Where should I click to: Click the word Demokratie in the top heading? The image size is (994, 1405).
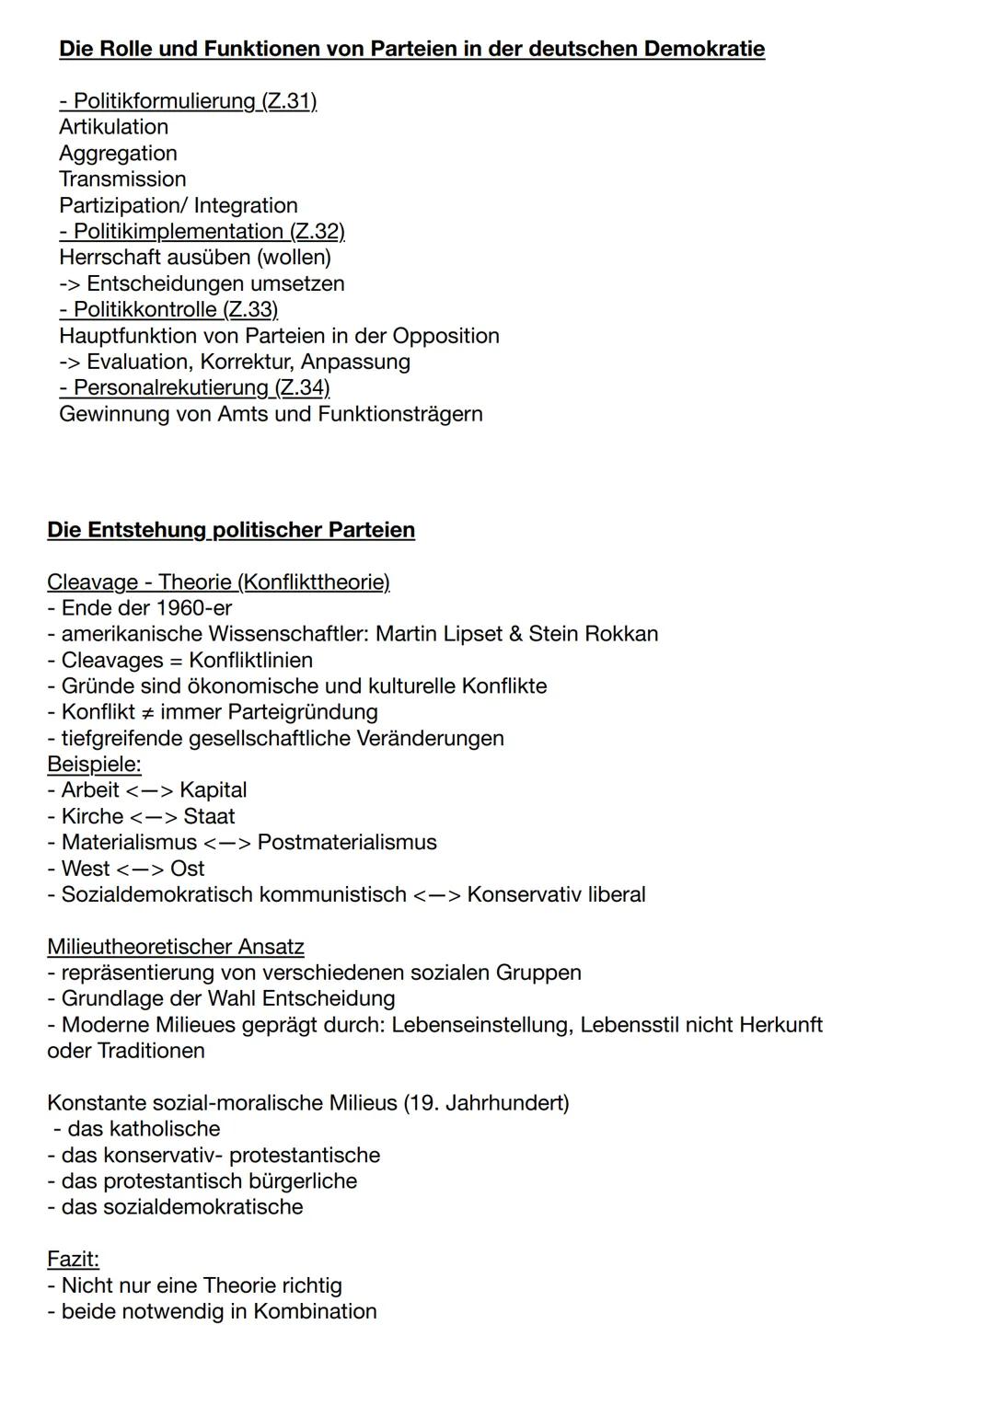(704, 49)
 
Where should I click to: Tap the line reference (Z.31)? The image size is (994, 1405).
(289, 101)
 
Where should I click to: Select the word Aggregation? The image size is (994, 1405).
(118, 154)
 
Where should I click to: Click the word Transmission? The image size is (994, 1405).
(122, 179)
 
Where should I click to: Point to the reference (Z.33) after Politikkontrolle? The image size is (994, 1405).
(250, 309)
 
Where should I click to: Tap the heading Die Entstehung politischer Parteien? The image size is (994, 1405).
(231, 530)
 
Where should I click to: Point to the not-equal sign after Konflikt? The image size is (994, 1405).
(144, 712)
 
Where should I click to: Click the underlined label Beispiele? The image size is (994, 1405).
(94, 765)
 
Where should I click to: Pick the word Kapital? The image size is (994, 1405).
(214, 790)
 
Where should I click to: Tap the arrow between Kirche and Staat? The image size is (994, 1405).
(153, 817)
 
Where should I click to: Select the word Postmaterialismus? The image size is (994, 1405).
(347, 843)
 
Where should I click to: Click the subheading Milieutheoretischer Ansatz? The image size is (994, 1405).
(176, 947)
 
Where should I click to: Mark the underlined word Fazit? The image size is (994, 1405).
(73, 1259)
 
